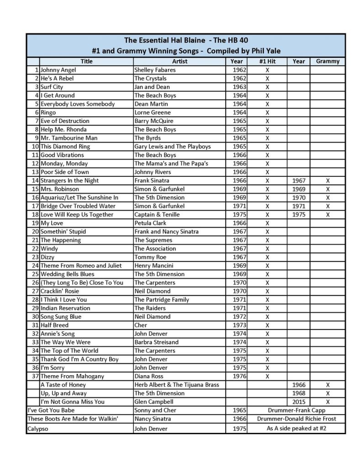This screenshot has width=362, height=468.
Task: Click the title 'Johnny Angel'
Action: point(58,70)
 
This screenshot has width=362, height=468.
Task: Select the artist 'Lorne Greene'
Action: point(152,112)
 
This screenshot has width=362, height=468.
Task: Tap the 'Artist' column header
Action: point(180,61)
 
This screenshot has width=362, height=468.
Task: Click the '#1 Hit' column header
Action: point(267,61)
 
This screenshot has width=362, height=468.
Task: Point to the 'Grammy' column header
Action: point(328,61)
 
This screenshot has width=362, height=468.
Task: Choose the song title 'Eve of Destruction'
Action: point(65,121)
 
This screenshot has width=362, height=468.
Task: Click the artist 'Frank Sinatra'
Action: point(153,181)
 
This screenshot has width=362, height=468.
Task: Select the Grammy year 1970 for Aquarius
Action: point(298,197)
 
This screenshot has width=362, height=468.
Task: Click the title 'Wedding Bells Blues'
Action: point(67,274)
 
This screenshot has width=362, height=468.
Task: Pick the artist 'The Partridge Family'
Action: point(161,300)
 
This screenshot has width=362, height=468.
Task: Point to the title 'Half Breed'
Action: point(54,325)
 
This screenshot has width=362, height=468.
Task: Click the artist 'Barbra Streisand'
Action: point(156,342)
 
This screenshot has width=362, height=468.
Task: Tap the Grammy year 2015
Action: point(298,402)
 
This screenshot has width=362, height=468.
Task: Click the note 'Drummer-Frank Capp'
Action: point(296,410)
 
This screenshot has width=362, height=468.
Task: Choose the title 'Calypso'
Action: point(38,429)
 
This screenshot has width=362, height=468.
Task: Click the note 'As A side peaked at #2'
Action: point(296,428)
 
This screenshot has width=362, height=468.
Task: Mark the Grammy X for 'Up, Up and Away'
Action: point(328,393)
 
